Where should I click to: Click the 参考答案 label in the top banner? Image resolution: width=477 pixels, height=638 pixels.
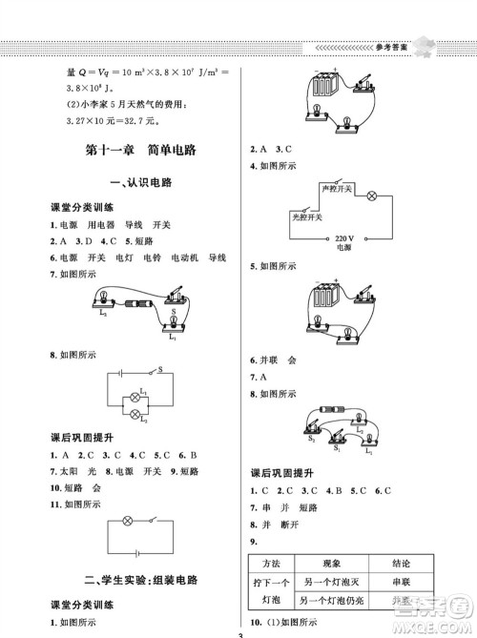(x=404, y=46)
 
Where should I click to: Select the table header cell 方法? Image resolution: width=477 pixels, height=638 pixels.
(x=271, y=564)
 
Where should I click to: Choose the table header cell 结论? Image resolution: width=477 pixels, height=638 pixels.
(x=406, y=564)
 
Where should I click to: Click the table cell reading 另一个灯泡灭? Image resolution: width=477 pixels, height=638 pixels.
(x=331, y=582)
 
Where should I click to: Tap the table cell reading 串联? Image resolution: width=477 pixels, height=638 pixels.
(x=406, y=582)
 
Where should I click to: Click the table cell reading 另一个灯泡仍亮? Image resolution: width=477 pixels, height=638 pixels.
(x=331, y=601)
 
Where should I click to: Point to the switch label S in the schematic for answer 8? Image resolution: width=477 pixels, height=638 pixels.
(x=160, y=368)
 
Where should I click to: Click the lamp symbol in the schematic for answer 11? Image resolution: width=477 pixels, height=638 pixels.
(x=129, y=521)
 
